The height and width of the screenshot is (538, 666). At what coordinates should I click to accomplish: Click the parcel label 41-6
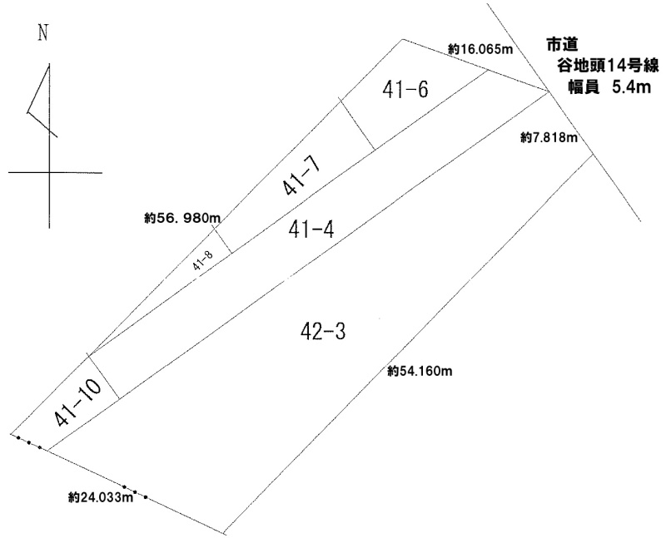click(407, 90)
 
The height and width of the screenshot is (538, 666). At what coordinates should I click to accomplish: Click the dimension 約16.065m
click(479, 50)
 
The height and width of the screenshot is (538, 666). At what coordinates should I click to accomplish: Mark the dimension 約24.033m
click(101, 499)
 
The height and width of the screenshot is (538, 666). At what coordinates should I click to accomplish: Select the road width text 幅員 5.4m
click(598, 89)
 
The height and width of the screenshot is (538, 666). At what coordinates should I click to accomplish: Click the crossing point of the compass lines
click(49, 172)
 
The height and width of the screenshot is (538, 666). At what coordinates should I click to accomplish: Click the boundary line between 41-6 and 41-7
click(356, 125)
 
